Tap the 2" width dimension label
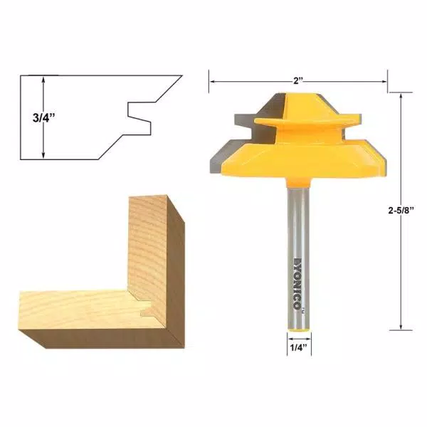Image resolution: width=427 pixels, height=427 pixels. [x=299, y=80]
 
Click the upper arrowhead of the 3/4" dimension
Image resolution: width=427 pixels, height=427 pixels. [x=44, y=80]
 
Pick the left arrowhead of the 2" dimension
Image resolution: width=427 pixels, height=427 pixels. [x=211, y=81]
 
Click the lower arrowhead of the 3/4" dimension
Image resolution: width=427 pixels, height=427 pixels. [x=44, y=155]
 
